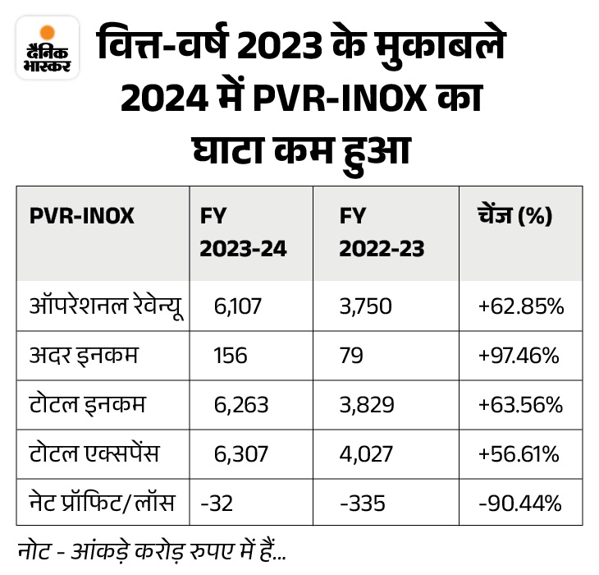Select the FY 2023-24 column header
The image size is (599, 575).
tap(244, 232)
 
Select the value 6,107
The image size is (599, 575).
tap(233, 306)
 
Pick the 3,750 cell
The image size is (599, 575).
tap(366, 306)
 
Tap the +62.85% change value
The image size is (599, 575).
tap(520, 306)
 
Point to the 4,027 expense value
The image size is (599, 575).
tap(366, 453)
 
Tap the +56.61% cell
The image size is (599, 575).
tap(520, 453)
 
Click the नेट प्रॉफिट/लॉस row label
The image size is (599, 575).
tap(101, 501)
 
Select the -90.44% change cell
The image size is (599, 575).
tap(520, 501)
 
